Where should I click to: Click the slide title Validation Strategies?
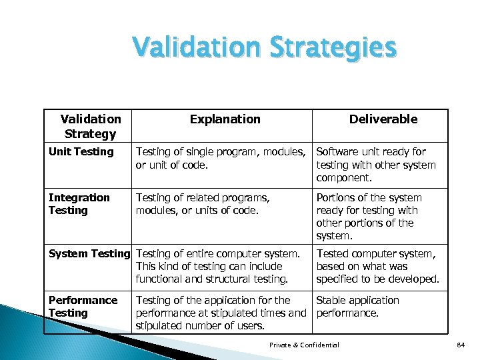tap(264, 49)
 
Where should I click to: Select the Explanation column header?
tap(225, 119)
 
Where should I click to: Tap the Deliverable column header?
tap(383, 119)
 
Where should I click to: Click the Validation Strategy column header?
tap(91, 126)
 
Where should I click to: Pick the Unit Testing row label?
tap(81, 152)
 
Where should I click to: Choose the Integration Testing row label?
tap(79, 204)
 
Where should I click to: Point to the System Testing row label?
tap(89, 253)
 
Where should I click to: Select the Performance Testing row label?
tap(83, 307)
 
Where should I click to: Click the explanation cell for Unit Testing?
tap(221, 158)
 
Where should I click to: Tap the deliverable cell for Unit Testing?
tap(376, 165)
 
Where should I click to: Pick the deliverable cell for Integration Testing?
tap(369, 217)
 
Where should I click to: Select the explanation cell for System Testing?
tap(218, 266)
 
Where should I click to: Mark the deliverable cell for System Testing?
tap(377, 266)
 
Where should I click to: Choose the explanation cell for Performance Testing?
tap(220, 313)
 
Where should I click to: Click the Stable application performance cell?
tap(357, 307)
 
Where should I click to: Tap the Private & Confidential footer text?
tap(304, 345)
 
